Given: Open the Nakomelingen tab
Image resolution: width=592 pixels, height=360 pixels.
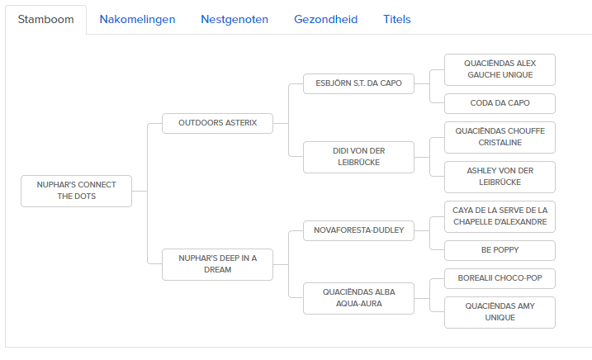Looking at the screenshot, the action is pyautogui.click(x=137, y=19).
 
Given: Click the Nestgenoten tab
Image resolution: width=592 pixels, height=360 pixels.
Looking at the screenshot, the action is pyautogui.click(x=234, y=19).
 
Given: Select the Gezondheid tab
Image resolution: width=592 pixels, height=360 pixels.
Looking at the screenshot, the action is pyautogui.click(x=326, y=19).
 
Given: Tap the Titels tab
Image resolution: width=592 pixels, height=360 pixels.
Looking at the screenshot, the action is pyautogui.click(x=397, y=19).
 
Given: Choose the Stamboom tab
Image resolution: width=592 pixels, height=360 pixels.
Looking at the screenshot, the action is pyautogui.click(x=45, y=20).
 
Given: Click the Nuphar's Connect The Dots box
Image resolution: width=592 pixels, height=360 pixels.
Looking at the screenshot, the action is pyautogui.click(x=76, y=191).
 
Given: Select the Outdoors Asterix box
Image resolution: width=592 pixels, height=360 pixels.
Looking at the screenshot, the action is pyautogui.click(x=217, y=123).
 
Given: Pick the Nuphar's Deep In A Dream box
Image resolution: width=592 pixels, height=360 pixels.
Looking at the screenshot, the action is pyautogui.click(x=217, y=264).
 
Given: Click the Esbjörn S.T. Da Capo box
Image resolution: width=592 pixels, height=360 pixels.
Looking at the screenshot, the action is pyautogui.click(x=358, y=83).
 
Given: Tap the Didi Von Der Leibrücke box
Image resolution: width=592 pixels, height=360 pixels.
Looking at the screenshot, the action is pyautogui.click(x=358, y=157).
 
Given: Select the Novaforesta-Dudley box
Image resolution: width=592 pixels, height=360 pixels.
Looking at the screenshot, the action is pyautogui.click(x=358, y=230).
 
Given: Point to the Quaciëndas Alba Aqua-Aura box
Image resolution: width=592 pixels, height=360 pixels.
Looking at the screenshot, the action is pyautogui.click(x=358, y=298).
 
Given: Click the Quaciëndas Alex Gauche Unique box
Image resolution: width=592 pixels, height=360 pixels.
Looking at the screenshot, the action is pyautogui.click(x=500, y=69).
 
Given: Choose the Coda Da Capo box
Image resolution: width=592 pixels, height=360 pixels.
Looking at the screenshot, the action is pyautogui.click(x=500, y=103).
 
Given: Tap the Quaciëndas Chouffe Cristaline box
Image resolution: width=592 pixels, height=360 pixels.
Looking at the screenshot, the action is pyautogui.click(x=500, y=137).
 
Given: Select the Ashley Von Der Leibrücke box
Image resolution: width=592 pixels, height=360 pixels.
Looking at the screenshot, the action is pyautogui.click(x=500, y=177).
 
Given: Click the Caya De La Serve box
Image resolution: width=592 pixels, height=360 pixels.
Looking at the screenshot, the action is pyautogui.click(x=500, y=216).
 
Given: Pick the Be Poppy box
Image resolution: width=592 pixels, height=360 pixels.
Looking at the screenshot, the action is pyautogui.click(x=500, y=250).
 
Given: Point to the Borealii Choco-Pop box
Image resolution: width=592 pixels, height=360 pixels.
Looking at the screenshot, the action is pyautogui.click(x=500, y=278).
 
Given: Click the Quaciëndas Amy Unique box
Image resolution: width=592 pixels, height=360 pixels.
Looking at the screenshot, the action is pyautogui.click(x=500, y=312).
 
